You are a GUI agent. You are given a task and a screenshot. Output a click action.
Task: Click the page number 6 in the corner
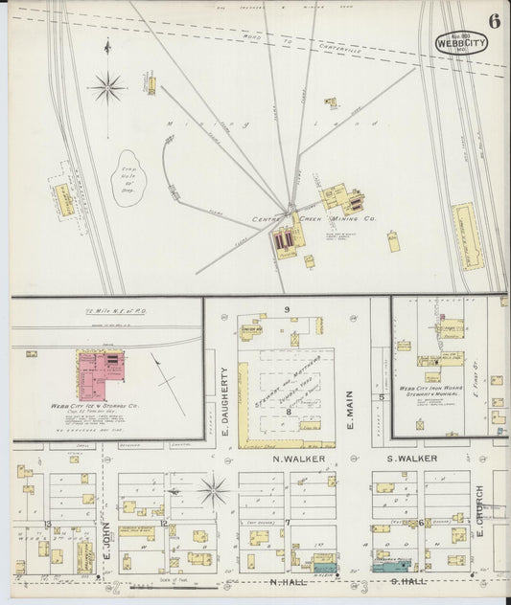coord(492,21)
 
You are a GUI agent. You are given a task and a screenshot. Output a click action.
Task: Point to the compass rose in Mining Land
coord(107,89)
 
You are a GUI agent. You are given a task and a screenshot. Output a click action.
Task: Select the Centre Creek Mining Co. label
coord(314,219)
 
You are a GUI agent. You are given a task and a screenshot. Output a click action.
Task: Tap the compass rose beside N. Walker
coord(214,490)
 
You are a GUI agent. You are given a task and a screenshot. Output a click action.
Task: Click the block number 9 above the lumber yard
coord(286,309)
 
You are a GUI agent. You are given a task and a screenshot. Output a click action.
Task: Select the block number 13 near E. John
coord(47,525)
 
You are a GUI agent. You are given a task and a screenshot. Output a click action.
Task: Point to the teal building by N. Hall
coord(325,569)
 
